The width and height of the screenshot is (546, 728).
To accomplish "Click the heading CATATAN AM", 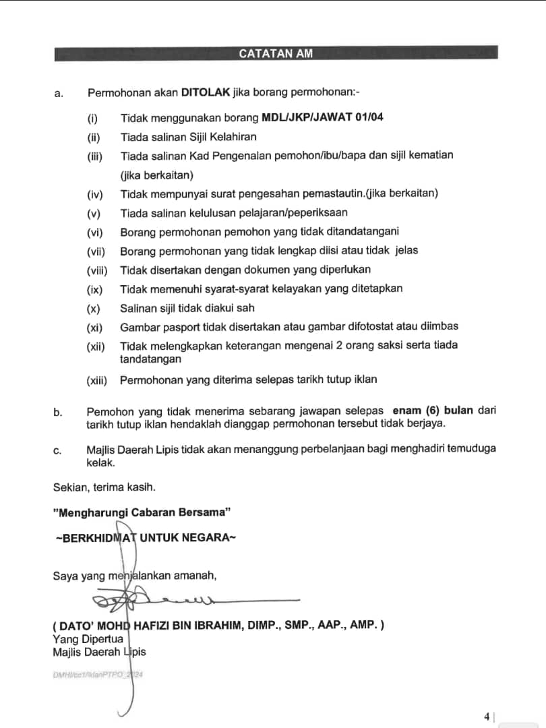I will pyautogui.click(x=276, y=54).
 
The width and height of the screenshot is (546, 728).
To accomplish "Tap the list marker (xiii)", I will pyautogui.click(x=96, y=380).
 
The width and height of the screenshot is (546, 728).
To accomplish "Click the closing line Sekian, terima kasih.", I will pyautogui.click(x=104, y=487).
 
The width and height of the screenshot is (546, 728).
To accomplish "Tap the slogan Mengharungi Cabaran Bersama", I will pyautogui.click(x=142, y=512).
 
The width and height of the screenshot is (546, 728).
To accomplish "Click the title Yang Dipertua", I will pyautogui.click(x=88, y=638).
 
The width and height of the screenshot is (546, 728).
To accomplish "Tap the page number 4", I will pyautogui.click(x=487, y=717).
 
